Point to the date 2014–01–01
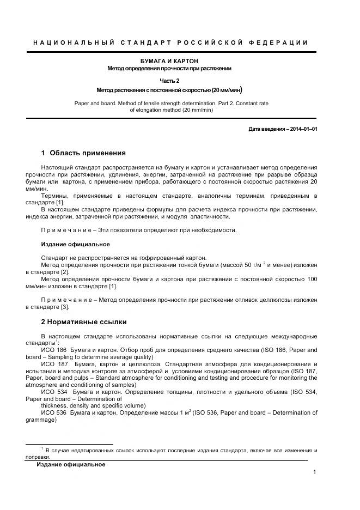tap(302, 129)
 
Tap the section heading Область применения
tap(88, 153)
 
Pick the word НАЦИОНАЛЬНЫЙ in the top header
tap(74, 42)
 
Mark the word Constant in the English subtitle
tap(242, 102)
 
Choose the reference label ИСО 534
tap(53, 392)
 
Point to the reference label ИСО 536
tap(53, 412)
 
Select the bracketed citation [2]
tap(65, 272)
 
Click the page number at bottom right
tap(315, 472)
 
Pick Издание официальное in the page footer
tap(70, 464)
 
